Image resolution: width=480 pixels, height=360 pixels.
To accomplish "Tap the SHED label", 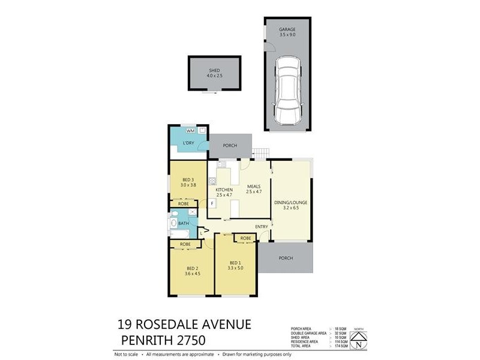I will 215,70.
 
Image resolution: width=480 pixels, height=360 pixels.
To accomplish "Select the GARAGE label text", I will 287,29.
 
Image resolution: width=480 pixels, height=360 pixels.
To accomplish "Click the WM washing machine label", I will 190,130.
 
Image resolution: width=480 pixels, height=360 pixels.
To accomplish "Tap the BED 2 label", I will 191,268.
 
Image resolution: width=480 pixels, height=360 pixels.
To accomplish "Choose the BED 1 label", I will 235,262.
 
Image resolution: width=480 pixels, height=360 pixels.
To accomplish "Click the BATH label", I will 184,224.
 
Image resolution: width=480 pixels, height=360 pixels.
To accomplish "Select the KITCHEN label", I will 224,190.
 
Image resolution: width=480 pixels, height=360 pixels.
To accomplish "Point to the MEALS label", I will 253,186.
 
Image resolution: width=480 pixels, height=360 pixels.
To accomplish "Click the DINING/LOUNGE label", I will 291,203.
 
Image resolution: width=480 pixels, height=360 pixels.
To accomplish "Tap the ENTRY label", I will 261,226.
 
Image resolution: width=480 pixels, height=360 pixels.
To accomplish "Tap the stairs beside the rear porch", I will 260,153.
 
